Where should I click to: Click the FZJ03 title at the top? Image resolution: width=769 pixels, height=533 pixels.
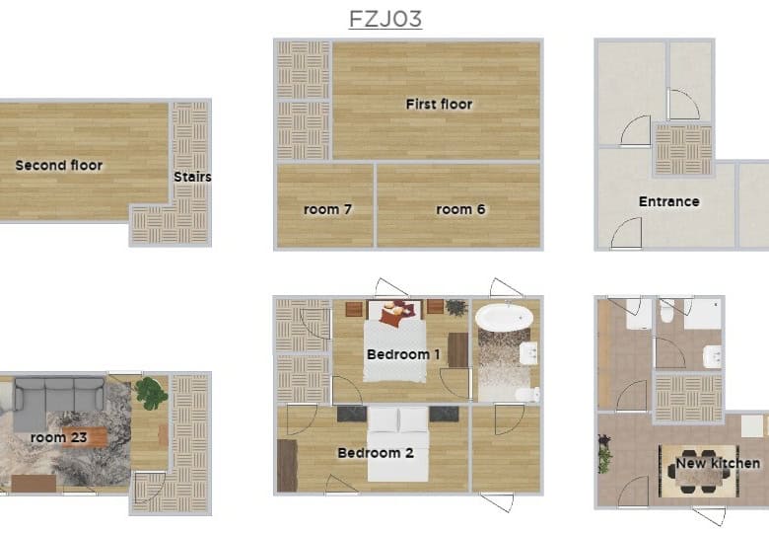click(384, 19)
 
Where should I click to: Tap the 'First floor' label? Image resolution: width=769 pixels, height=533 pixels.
click(439, 104)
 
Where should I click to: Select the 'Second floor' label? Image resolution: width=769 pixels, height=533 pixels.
click(59, 166)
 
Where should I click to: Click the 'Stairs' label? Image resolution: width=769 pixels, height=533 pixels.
click(192, 177)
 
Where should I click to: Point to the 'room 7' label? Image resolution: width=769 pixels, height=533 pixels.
click(327, 209)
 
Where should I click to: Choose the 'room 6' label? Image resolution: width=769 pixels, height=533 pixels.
click(460, 209)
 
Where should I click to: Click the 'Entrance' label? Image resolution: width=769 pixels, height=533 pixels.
click(669, 201)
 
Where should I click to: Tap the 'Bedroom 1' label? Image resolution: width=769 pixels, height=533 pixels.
click(403, 354)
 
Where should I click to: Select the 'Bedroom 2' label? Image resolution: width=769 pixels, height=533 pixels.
click(376, 452)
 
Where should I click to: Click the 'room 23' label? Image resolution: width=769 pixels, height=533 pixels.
click(59, 437)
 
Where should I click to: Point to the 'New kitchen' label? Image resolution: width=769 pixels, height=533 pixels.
click(718, 463)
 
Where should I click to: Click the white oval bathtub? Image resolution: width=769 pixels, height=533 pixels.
click(504, 317)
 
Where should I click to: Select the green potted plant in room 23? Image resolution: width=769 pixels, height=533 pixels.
click(152, 393)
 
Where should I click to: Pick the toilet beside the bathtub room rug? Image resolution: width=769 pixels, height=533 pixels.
click(528, 394)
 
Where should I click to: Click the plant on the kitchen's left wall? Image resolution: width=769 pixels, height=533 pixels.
click(604, 453)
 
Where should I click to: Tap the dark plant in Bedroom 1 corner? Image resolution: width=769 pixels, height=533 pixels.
click(456, 307)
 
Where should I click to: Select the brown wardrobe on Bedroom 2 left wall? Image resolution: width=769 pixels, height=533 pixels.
click(287, 465)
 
